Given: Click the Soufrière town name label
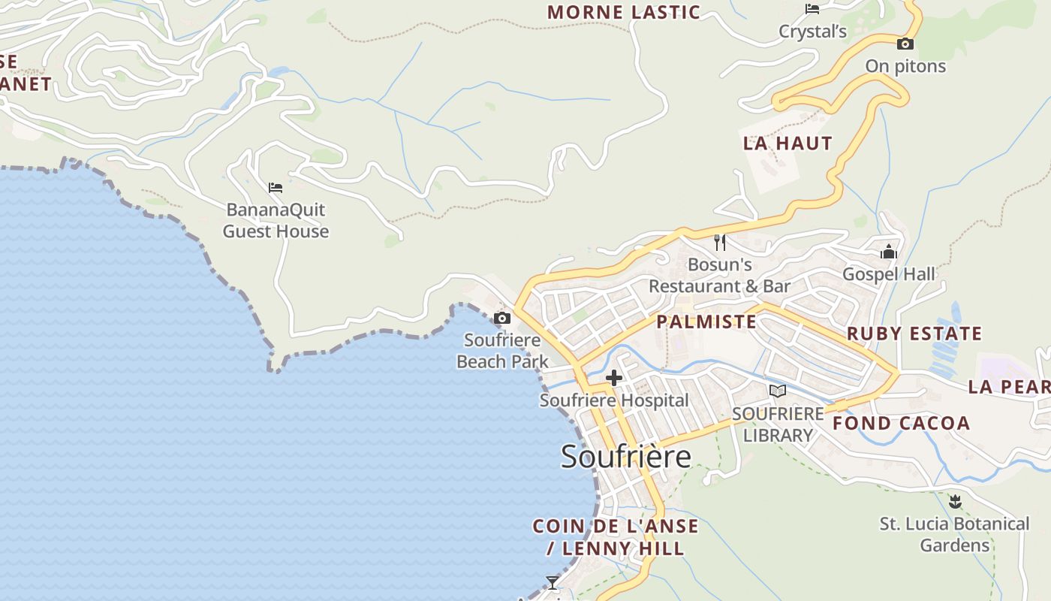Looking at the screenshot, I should [625, 457].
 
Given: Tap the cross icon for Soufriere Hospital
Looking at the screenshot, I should [614, 378].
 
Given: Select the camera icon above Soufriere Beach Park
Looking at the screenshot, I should [502, 319].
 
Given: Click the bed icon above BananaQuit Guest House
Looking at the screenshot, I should [276, 187].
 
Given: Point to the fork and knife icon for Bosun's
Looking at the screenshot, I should [719, 242].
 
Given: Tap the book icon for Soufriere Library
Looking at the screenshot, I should [778, 391].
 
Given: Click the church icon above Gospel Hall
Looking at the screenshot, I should [889, 252].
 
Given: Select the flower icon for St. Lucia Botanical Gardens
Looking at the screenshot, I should [955, 500].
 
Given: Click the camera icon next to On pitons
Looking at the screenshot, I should [905, 44].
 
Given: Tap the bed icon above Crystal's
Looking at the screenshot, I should [812, 9].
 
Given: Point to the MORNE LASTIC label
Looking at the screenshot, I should [624, 12].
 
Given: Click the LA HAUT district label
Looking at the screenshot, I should [787, 143].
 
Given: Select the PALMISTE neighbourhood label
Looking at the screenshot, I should [706, 322].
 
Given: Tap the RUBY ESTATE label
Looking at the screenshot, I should [914, 334].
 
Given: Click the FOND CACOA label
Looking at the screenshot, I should [901, 423].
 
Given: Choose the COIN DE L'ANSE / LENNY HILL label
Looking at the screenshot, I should [616, 537].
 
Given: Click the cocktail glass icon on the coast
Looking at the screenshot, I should [553, 582].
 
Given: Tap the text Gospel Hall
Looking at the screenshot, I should [889, 274].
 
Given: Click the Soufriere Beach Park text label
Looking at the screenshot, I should [502, 351].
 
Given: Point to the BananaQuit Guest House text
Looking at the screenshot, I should [276, 220].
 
